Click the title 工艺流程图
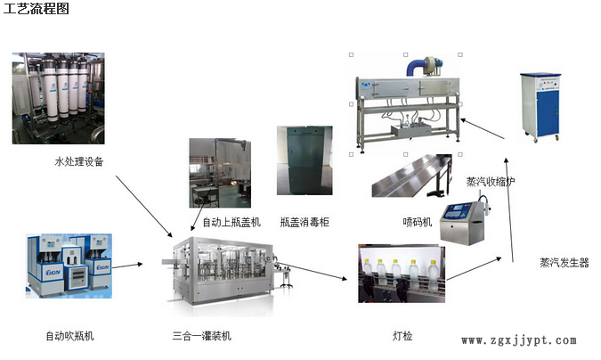pyautogui.click(x=35, y=9)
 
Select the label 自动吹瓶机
pyautogui.click(x=70, y=336)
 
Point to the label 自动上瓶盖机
pyautogui.click(x=231, y=222)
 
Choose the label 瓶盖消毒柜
pyautogui.click(x=305, y=222)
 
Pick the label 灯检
pyautogui.click(x=402, y=336)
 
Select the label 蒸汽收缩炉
pyautogui.click(x=491, y=182)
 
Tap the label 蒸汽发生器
pyautogui.click(x=564, y=262)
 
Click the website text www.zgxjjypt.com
pyautogui.click(x=519, y=340)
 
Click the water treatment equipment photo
pyautogui.click(x=58, y=98)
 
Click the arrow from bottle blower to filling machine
pyautogui.click(x=127, y=265)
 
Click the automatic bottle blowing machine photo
pyautogui.click(x=69, y=265)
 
